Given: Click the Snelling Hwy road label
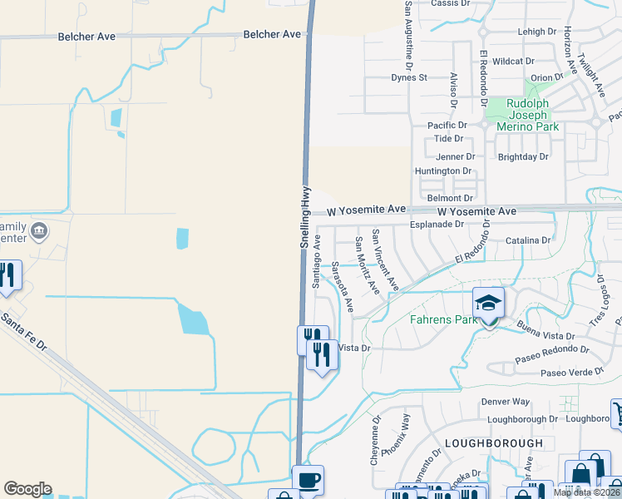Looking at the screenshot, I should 305,215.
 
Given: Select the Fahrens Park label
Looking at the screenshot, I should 443,319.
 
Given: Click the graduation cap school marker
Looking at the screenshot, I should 488,304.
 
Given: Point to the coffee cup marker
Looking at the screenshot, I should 309,481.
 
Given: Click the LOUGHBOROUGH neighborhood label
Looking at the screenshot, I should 493,443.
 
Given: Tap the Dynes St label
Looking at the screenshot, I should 408,77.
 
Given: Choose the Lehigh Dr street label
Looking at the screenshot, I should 536,32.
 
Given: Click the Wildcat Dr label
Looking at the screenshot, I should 513,62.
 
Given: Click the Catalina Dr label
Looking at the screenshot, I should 528,240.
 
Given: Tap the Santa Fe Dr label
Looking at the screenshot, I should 25,329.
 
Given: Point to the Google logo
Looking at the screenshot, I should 27,489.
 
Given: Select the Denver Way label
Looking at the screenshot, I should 505,402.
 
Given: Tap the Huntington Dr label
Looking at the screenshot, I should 442,170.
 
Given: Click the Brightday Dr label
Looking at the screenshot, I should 523,156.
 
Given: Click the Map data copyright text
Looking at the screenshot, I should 586,492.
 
